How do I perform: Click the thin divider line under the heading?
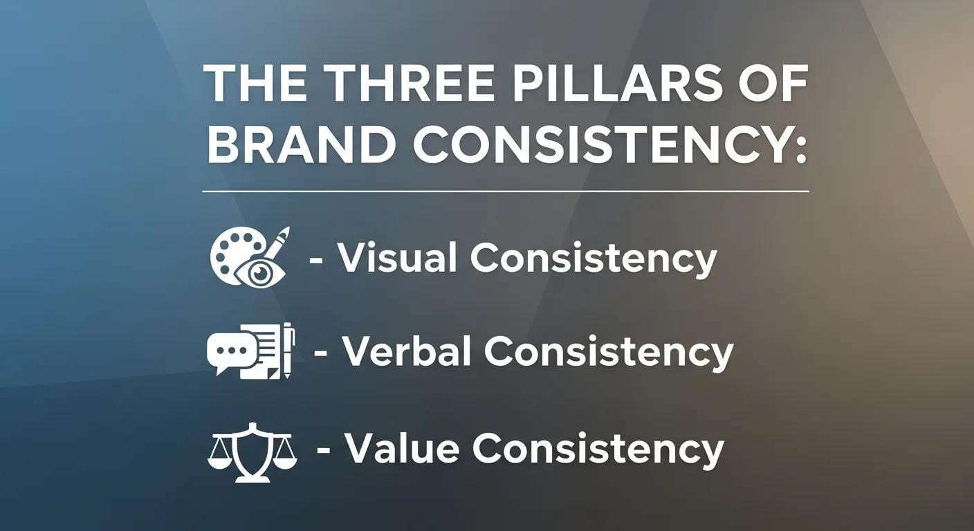tap(505, 191)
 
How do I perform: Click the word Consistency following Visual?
tap(593, 259)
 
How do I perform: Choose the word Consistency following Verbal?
tap(608, 353)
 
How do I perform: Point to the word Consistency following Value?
tap(598, 448)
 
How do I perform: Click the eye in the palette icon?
tap(260, 273)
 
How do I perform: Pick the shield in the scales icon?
tap(252, 453)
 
